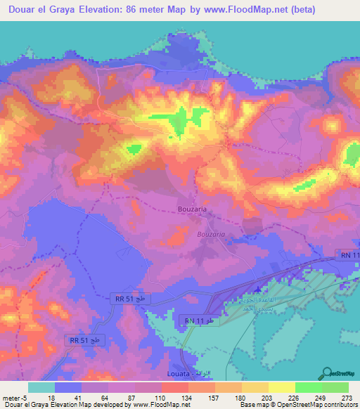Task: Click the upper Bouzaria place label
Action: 191,209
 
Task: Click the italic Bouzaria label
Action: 212,233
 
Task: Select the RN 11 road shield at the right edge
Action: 345,254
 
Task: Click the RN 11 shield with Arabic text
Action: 201,320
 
